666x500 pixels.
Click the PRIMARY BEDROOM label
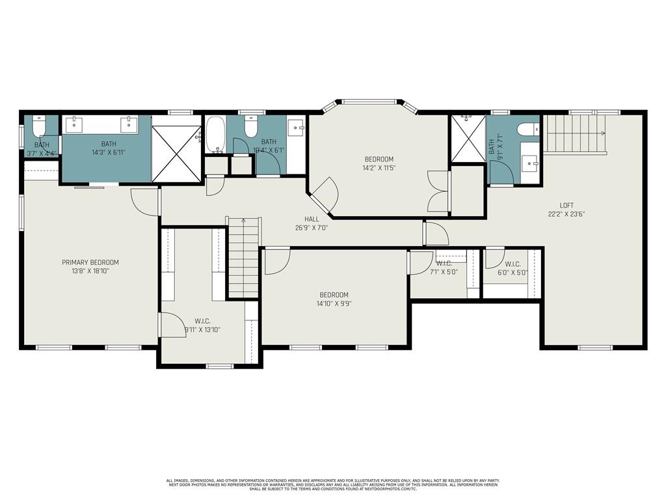pyautogui.click(x=90, y=262)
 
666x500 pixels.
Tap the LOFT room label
pyautogui.click(x=557, y=205)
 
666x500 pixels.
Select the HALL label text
pyautogui.click(x=313, y=219)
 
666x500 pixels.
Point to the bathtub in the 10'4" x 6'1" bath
pyautogui.click(x=215, y=135)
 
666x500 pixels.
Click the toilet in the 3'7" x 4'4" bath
pyautogui.click(x=39, y=125)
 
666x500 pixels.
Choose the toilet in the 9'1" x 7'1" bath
pyautogui.click(x=527, y=130)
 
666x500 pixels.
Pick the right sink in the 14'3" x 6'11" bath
pyautogui.click(x=129, y=124)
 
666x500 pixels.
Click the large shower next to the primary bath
pyautogui.click(x=176, y=154)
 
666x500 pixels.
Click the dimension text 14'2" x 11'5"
pyautogui.click(x=379, y=168)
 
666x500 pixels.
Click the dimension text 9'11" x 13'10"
pyautogui.click(x=202, y=329)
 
